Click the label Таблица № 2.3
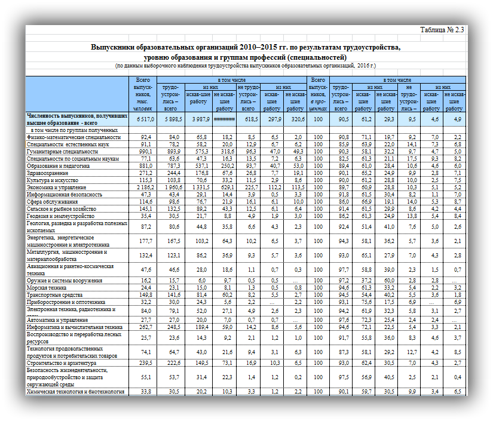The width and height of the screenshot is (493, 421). (442, 30)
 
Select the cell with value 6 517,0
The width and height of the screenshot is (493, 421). (145, 119)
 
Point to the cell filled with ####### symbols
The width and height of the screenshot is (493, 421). (224, 119)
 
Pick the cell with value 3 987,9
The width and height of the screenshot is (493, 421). (198, 119)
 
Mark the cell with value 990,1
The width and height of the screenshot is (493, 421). (145, 152)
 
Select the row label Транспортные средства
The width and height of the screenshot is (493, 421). (53, 294)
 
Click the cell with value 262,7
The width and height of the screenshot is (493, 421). (145, 327)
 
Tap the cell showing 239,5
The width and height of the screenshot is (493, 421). (145, 362)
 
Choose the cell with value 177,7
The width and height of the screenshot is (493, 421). (145, 241)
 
